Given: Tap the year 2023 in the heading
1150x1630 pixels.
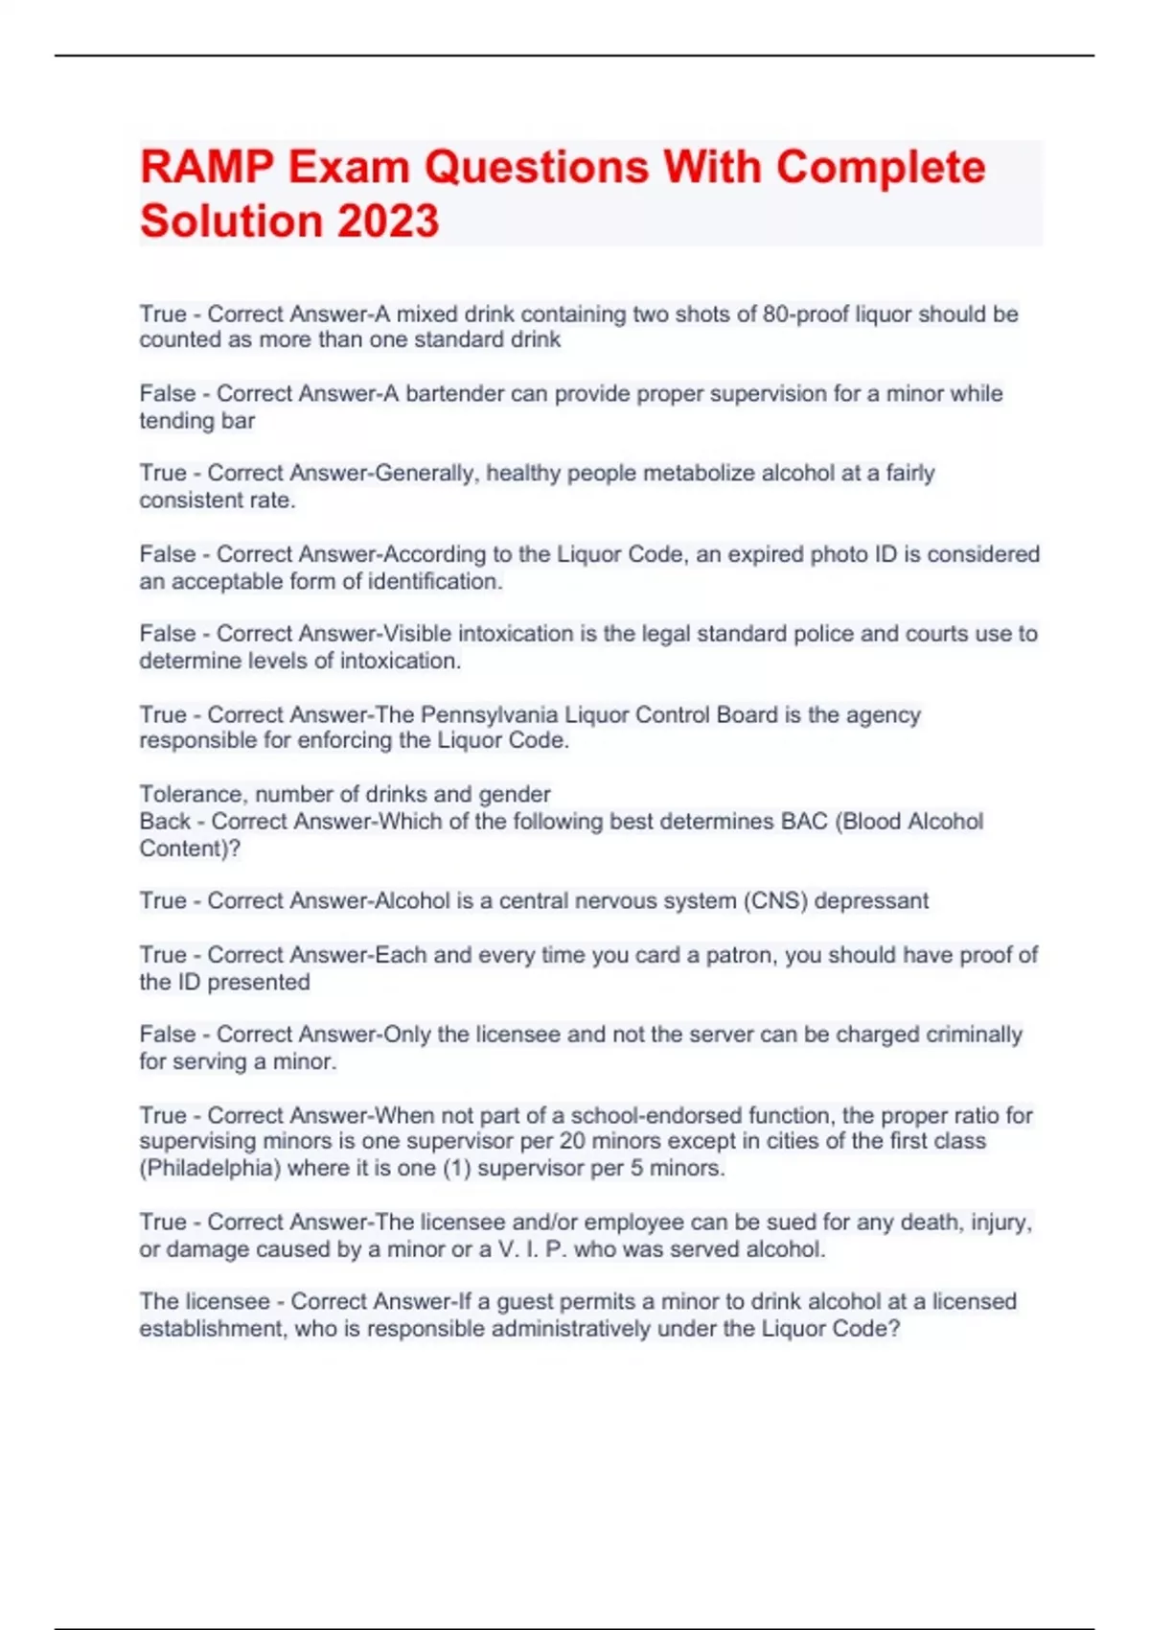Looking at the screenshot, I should tap(387, 221).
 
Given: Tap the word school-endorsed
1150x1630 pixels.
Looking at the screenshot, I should tap(656, 1116).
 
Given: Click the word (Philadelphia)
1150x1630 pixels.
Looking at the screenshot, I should tap(214, 1169).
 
